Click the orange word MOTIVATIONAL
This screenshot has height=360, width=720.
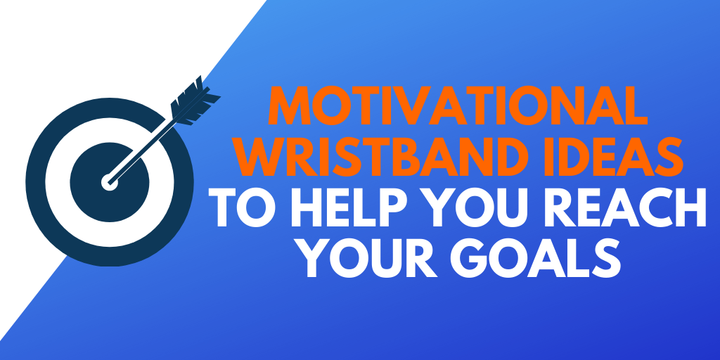click(x=458, y=105)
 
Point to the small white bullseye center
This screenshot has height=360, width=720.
click(x=109, y=182)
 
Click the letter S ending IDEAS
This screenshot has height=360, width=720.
click(x=669, y=157)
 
